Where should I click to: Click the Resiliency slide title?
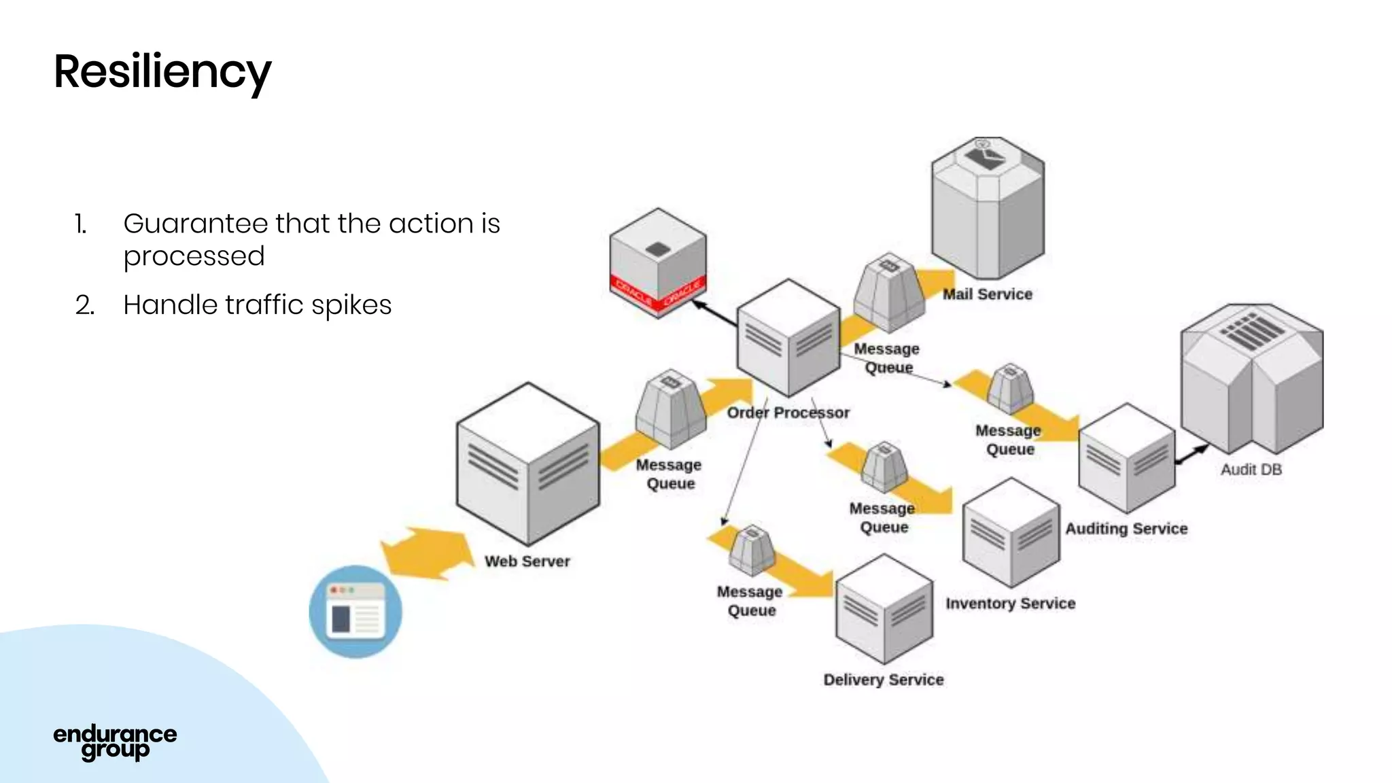[162, 72]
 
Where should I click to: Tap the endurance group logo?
[115, 742]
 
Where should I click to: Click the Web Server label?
[527, 561]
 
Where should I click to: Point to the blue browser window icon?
[355, 612]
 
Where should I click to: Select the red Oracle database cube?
[657, 263]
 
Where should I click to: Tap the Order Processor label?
[788, 413]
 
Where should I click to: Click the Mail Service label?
[987, 294]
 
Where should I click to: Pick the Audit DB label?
[1251, 470]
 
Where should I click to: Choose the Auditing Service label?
[1126, 529]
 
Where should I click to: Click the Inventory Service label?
[1010, 604]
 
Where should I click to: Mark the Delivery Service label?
[883, 680]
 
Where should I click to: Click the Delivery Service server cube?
[884, 610]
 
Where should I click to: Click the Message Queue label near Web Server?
[669, 474]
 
